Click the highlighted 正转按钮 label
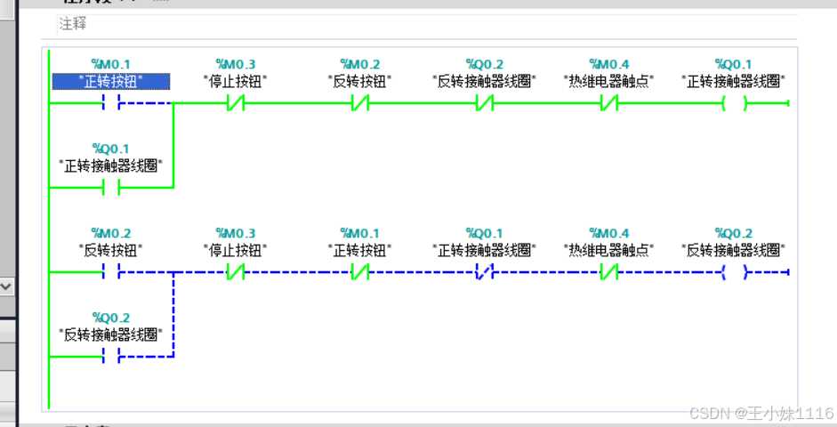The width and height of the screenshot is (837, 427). pyautogui.click(x=110, y=81)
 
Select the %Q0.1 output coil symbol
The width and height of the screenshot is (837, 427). pyautogui.click(x=734, y=103)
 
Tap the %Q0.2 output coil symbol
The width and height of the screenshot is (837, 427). pyautogui.click(x=734, y=271)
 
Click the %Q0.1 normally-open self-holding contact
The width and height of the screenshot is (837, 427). pyautogui.click(x=111, y=188)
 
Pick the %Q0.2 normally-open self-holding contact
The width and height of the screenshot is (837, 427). pyautogui.click(x=111, y=357)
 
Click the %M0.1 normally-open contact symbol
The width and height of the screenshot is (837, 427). pyautogui.click(x=111, y=103)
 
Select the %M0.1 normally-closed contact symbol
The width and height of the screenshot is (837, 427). pyautogui.click(x=359, y=271)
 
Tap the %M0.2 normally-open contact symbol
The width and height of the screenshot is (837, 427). pyautogui.click(x=111, y=271)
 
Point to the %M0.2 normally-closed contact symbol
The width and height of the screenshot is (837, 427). pyautogui.click(x=359, y=103)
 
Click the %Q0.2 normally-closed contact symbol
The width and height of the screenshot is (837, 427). pyautogui.click(x=484, y=103)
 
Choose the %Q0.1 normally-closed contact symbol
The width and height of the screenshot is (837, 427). pyautogui.click(x=484, y=271)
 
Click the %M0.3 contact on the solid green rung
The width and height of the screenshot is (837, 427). pyautogui.click(x=236, y=103)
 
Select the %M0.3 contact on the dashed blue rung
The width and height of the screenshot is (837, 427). pyautogui.click(x=236, y=271)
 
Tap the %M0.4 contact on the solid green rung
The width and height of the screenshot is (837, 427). pyautogui.click(x=608, y=103)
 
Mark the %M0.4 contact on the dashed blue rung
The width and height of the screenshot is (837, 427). pyautogui.click(x=608, y=271)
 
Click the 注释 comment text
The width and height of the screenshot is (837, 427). pyautogui.click(x=73, y=25)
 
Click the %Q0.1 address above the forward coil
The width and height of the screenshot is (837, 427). pyautogui.click(x=733, y=64)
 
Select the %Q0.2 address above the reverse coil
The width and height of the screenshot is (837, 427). pyautogui.click(x=733, y=233)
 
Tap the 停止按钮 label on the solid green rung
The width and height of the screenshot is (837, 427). pyautogui.click(x=235, y=81)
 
